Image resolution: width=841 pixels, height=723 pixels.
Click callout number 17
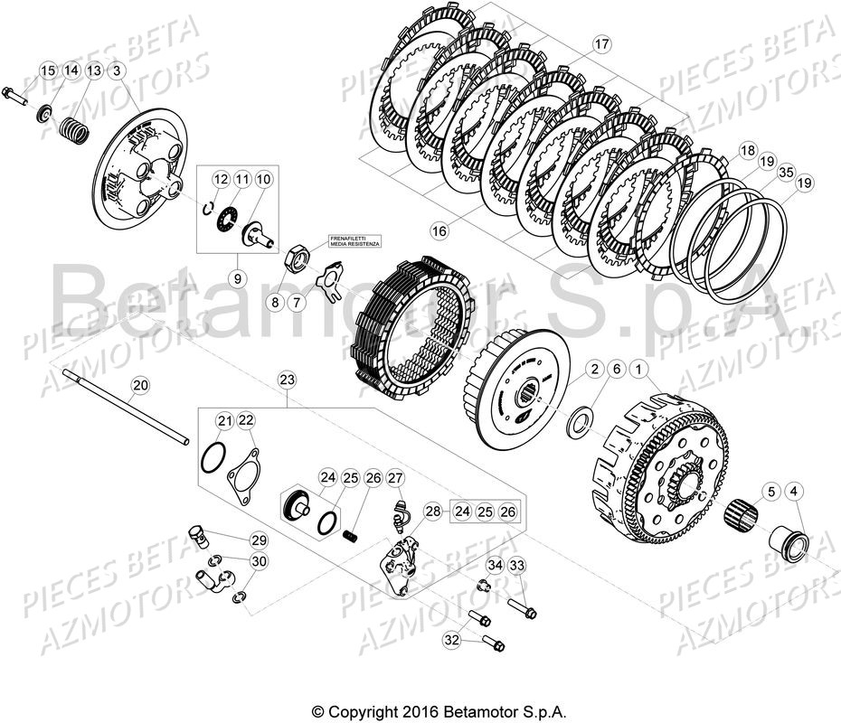point(602,44)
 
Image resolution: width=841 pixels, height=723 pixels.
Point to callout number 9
point(236,278)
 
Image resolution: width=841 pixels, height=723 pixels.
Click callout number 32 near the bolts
point(452,639)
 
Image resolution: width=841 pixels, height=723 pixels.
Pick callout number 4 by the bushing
point(794,492)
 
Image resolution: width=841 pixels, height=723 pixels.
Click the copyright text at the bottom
point(439,712)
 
